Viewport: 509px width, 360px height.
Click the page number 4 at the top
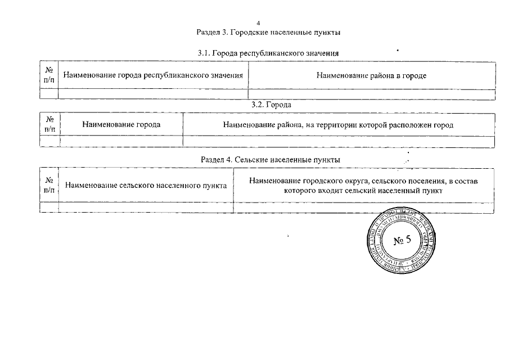click(258, 23)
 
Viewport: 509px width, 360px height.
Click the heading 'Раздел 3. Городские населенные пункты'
click(268, 32)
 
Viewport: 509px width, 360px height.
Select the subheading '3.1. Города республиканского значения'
click(268, 53)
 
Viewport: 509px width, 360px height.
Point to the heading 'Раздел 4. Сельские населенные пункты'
click(271, 160)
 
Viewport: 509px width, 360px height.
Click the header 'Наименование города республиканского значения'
click(153, 75)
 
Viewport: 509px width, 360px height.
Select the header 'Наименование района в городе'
click(371, 75)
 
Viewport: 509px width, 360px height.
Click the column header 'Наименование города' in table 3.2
click(121, 124)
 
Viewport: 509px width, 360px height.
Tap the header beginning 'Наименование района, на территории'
click(338, 124)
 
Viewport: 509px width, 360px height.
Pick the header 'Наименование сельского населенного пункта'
click(146, 185)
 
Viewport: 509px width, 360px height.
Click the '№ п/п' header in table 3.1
click(49, 75)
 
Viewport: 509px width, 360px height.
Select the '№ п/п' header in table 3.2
click(49, 124)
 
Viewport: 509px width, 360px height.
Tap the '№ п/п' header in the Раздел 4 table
click(49, 185)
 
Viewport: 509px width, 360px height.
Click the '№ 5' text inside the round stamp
click(403, 241)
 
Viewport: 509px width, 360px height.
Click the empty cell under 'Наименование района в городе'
click(371, 94)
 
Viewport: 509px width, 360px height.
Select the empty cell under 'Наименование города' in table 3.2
click(121, 141)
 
